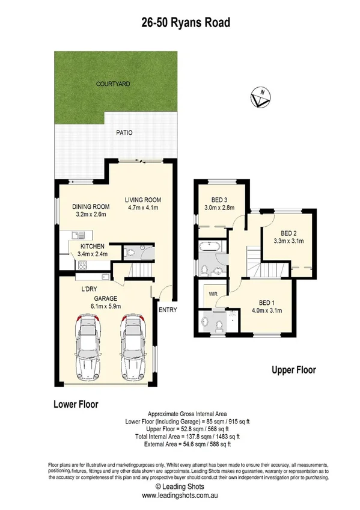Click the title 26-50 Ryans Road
(x=180, y=23)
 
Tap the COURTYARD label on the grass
(x=114, y=85)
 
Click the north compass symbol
(x=260, y=98)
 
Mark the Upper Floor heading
(x=293, y=370)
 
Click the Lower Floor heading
(x=75, y=404)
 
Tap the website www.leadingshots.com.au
(x=180, y=496)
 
